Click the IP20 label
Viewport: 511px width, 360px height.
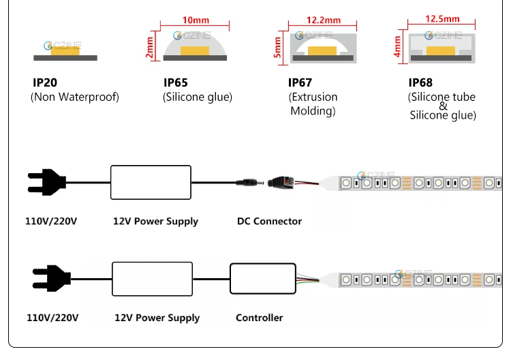click(45, 82)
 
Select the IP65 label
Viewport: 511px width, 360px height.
click(176, 82)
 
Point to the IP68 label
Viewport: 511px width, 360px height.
click(420, 82)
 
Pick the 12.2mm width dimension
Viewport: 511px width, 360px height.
click(315, 20)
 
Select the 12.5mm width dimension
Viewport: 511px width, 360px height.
click(442, 19)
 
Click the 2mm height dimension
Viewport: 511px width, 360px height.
click(150, 50)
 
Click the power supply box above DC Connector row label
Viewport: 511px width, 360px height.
click(151, 181)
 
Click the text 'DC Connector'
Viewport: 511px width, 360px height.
click(269, 221)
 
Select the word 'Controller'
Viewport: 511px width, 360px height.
click(259, 318)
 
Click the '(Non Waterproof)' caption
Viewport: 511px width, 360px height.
click(75, 97)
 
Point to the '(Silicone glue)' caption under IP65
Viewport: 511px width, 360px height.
click(198, 97)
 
